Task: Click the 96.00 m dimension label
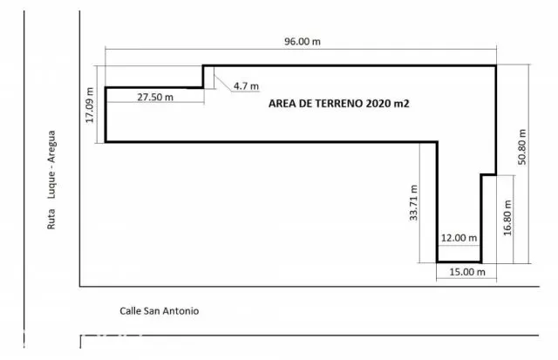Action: click(303, 42)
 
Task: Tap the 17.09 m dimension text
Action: click(90, 105)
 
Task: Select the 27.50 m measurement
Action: click(155, 97)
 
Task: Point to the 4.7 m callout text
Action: click(246, 86)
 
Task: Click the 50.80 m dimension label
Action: click(522, 147)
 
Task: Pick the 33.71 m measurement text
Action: click(413, 203)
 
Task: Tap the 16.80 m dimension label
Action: click(507, 218)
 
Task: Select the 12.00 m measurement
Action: click(459, 238)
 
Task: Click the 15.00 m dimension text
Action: click(467, 272)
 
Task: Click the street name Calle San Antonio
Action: click(159, 311)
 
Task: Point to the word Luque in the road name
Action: click(51, 185)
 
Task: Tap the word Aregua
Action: click(51, 146)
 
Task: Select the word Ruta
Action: click(51, 219)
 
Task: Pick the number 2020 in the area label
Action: click(377, 104)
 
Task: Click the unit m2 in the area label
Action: click(400, 104)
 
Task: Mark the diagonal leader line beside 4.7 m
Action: click(223, 84)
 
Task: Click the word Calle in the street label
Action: click(130, 311)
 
